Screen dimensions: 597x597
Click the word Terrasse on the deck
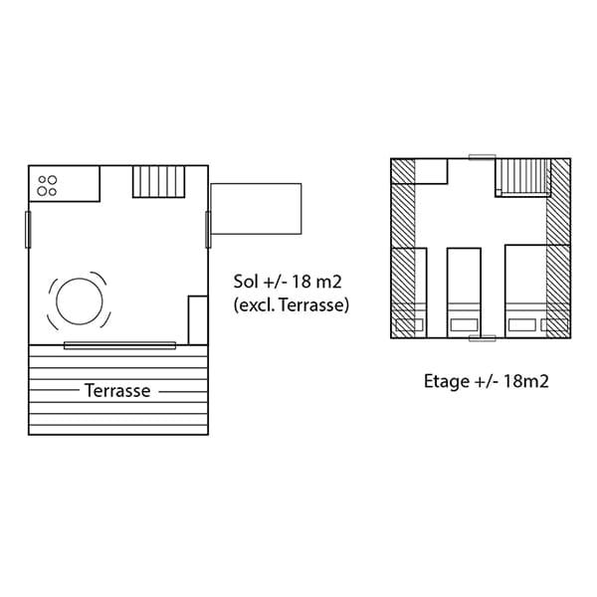117,391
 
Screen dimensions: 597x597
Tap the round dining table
80,301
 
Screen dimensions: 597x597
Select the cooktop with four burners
47,185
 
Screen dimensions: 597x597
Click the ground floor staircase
159,182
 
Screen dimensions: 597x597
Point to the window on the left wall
28,230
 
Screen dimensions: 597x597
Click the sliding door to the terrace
120,345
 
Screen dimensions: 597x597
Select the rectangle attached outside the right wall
256,209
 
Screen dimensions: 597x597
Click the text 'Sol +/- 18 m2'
288,282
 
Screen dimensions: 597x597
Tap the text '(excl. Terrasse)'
292,305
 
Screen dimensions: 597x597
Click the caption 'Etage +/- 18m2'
487,381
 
